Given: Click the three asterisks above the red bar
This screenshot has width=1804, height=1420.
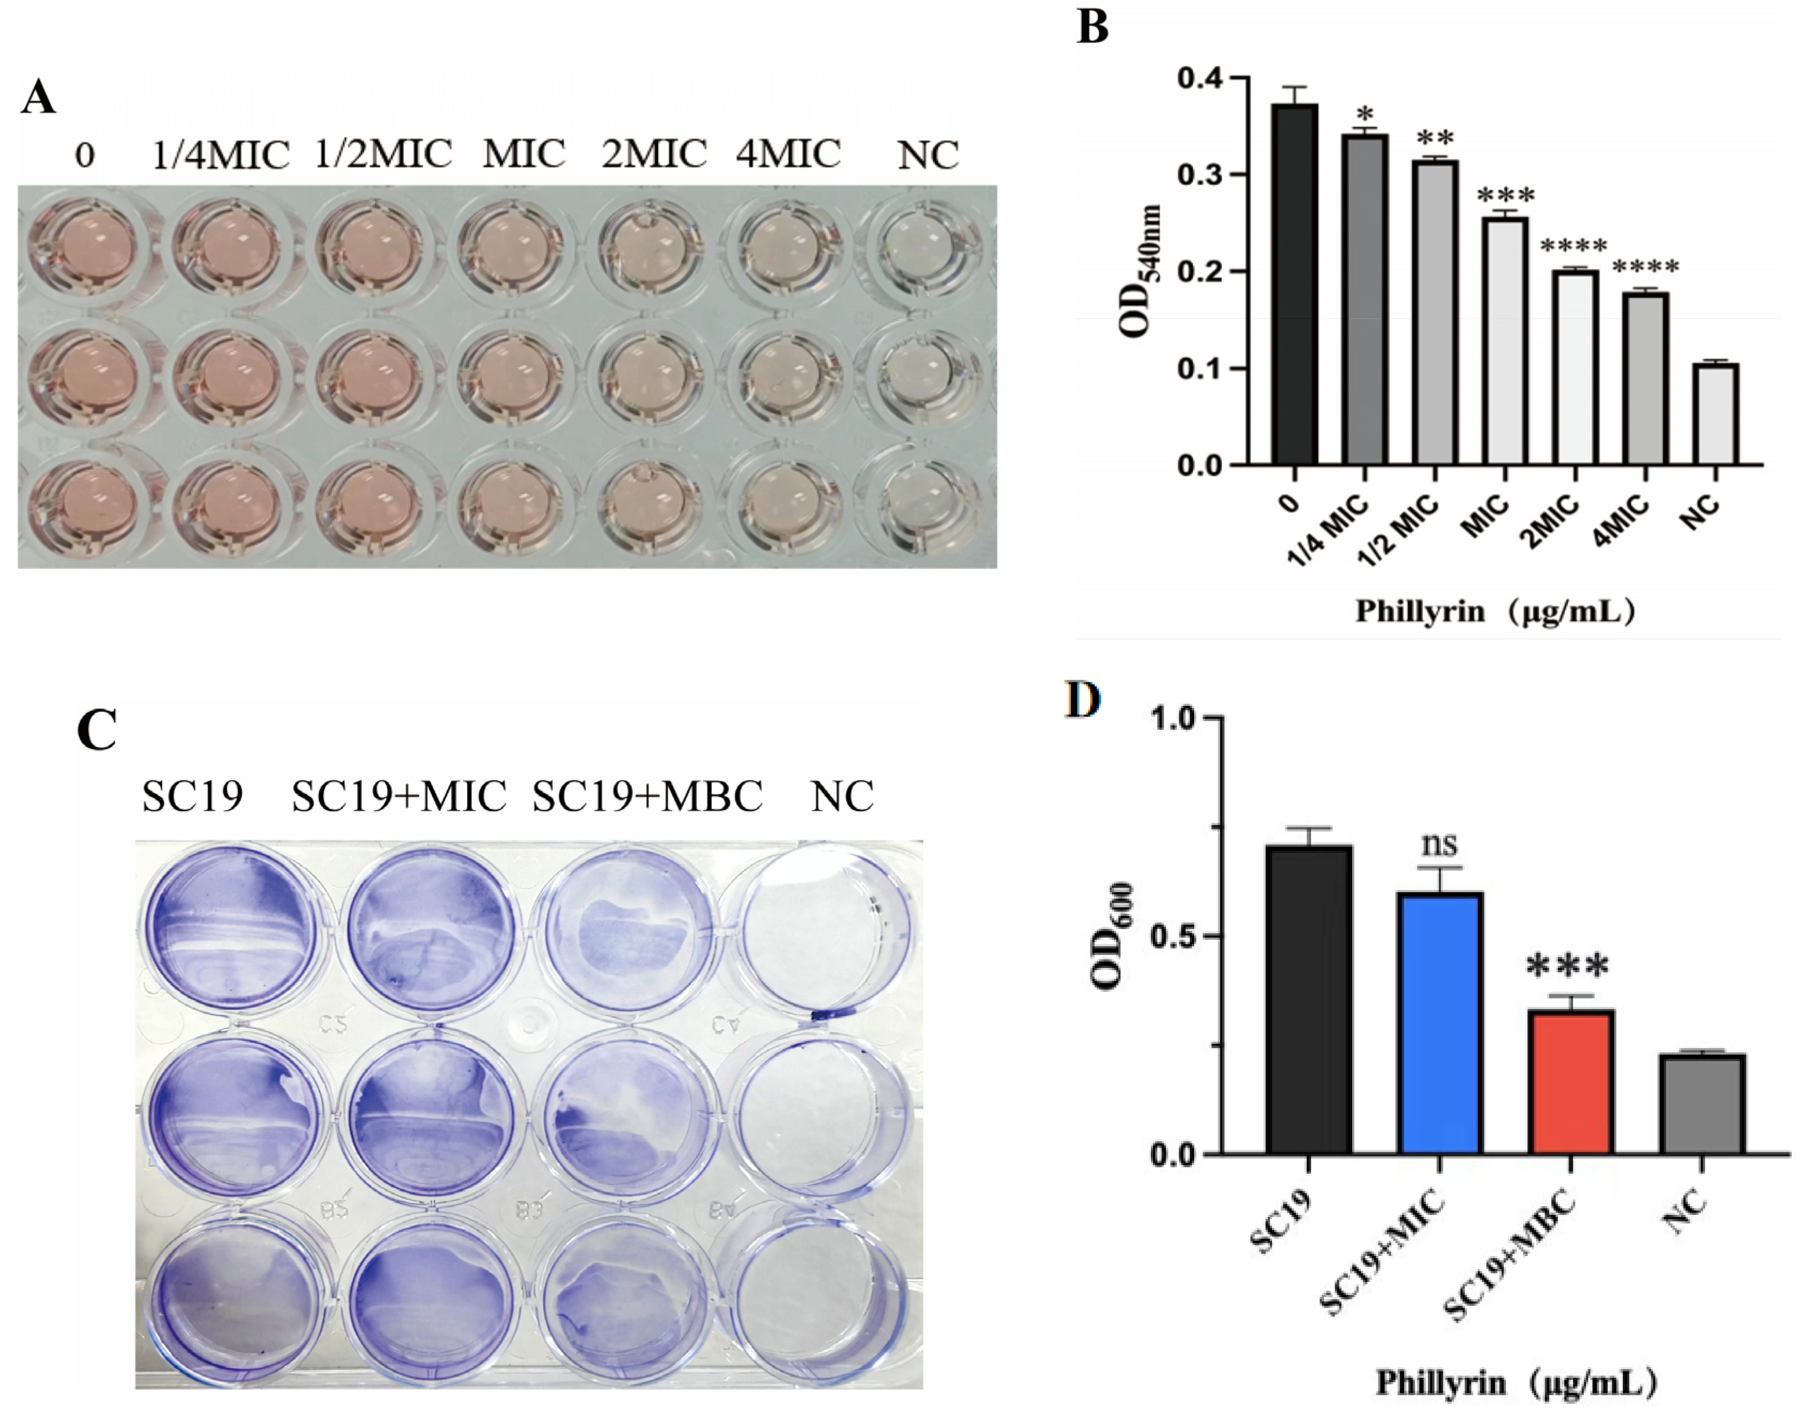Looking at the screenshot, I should [1568, 966].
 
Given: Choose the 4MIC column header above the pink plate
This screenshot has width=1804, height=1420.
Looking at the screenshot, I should [788, 154].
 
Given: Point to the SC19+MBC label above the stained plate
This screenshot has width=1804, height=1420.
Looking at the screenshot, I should [647, 797].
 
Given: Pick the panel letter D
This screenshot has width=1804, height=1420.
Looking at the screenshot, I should [1082, 700].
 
